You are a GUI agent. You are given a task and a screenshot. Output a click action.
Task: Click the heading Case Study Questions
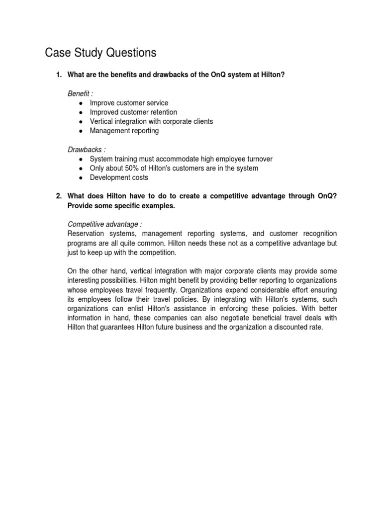pyautogui.click(x=100, y=53)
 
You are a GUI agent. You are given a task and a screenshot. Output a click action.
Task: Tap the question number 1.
pyautogui.click(x=58, y=75)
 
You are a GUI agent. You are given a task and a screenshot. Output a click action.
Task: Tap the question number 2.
pyautogui.click(x=58, y=196)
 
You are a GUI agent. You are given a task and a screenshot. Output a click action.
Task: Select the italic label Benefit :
pyautogui.click(x=80, y=93)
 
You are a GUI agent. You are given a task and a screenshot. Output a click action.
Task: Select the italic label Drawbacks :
pyautogui.click(x=87, y=150)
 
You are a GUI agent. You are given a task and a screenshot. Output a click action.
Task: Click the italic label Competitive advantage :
pyautogui.click(x=104, y=224)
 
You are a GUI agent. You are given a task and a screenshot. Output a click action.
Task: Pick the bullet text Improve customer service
pyautogui.click(x=129, y=103)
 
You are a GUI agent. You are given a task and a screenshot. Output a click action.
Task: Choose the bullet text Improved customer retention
pyautogui.click(x=133, y=112)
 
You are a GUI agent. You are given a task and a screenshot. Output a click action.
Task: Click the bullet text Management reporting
pyautogui.click(x=124, y=131)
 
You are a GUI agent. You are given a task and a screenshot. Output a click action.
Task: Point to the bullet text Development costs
pyautogui.click(x=119, y=177)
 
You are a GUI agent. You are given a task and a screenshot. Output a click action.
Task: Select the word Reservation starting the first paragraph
pyautogui.click(x=85, y=234)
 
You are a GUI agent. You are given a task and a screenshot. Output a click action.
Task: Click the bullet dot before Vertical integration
pyautogui.click(x=81, y=122)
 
